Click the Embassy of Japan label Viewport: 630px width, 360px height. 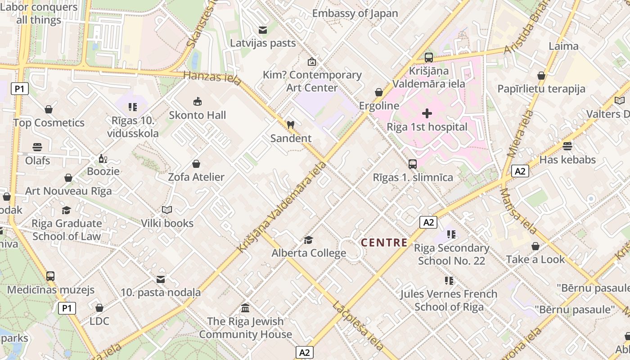pos(355,13)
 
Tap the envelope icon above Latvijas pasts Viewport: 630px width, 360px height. pos(262,30)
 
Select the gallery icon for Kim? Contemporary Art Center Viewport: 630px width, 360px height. pos(311,62)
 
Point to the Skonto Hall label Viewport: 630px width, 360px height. pos(197,115)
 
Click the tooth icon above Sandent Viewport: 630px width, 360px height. pos(290,125)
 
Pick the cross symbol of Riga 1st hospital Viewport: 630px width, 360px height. pos(427,113)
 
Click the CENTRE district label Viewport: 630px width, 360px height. pos(384,243)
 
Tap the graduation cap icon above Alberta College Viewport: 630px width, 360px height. pos(308,240)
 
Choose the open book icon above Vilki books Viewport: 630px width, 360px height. pos(167,210)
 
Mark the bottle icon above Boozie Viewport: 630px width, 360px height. pos(103,158)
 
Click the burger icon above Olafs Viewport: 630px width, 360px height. pos(37,147)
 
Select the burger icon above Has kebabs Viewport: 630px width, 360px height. pos(567,146)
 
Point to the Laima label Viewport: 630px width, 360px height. pos(563,46)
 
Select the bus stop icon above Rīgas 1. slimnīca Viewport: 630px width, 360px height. pos(413,164)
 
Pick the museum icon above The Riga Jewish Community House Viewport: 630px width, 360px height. pos(245,308)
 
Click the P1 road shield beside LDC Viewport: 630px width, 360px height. pos(67,308)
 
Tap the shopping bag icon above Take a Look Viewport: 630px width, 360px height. pos(535,246)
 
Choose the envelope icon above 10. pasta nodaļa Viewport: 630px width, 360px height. pos(161,279)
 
